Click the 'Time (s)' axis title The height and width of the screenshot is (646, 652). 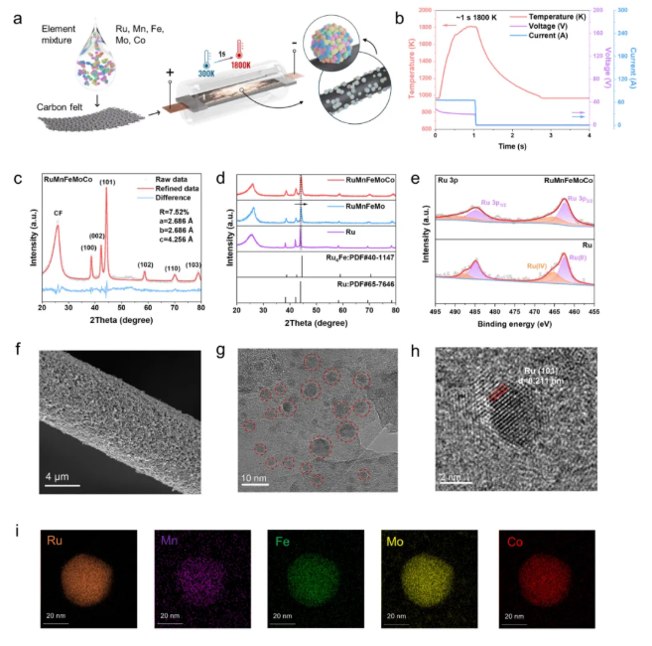tap(513, 145)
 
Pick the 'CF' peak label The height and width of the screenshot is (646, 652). tap(57, 211)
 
